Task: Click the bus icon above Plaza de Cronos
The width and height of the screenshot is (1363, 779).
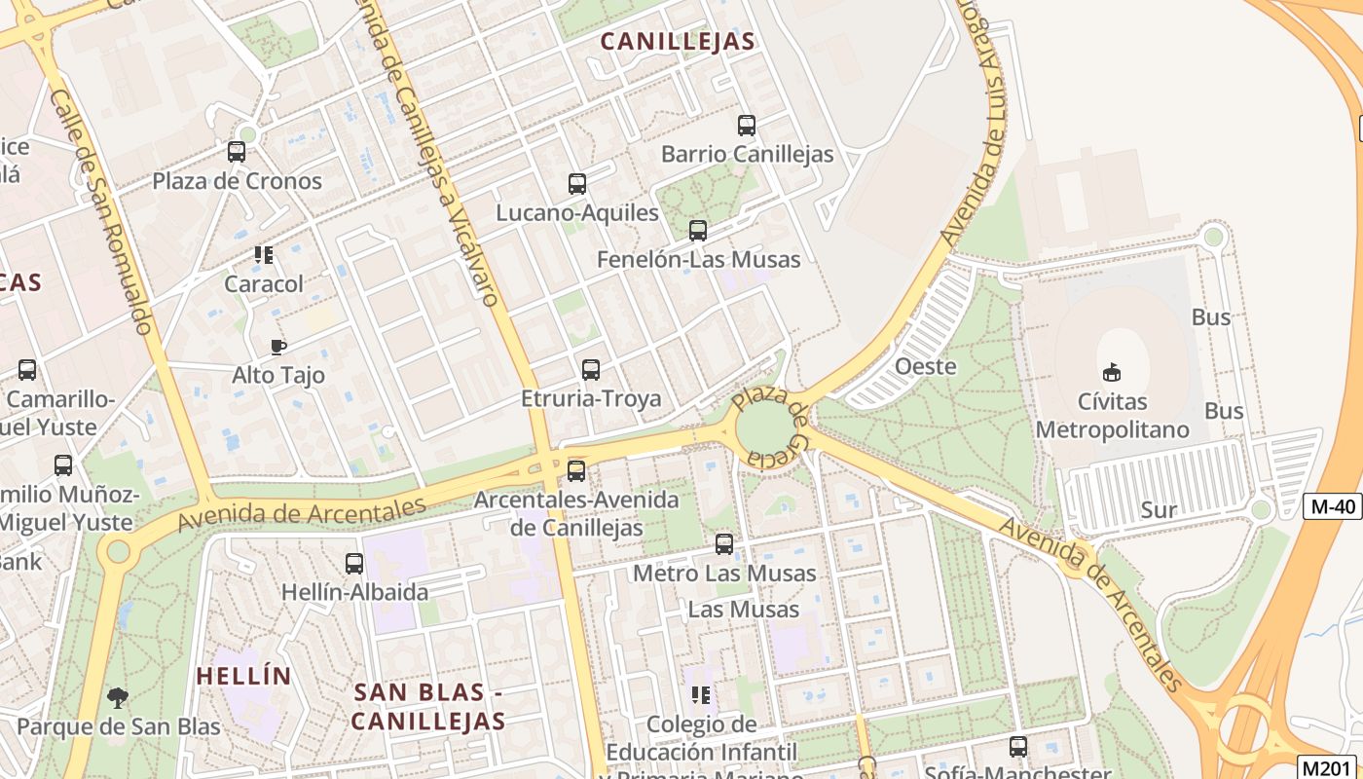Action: click(237, 152)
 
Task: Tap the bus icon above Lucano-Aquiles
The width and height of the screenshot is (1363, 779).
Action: click(577, 183)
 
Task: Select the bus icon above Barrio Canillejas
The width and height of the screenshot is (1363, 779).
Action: click(747, 126)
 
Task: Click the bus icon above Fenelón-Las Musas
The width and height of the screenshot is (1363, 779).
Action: click(698, 231)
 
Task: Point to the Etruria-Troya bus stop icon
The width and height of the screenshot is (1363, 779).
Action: click(591, 370)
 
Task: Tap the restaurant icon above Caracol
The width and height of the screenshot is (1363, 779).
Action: click(264, 255)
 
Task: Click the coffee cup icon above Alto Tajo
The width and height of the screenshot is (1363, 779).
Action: click(278, 347)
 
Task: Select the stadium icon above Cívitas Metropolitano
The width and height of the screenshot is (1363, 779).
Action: click(1112, 372)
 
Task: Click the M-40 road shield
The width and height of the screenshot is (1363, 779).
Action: click(1332, 505)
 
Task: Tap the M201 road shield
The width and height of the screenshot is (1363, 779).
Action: click(1330, 767)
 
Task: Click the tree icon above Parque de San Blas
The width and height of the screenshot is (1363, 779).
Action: click(118, 697)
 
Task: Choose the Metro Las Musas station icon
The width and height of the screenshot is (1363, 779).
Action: click(724, 544)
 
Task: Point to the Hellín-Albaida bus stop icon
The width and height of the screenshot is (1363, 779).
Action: click(354, 564)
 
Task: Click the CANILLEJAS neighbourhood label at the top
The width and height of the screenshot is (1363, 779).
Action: click(678, 41)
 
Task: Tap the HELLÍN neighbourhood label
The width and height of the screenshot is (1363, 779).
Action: click(243, 676)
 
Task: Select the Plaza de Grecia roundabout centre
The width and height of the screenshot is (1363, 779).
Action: click(766, 428)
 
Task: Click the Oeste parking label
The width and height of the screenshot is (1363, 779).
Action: click(925, 367)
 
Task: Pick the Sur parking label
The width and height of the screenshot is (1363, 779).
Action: click(1159, 509)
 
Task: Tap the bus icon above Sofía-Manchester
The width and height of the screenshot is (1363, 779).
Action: click(1018, 747)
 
